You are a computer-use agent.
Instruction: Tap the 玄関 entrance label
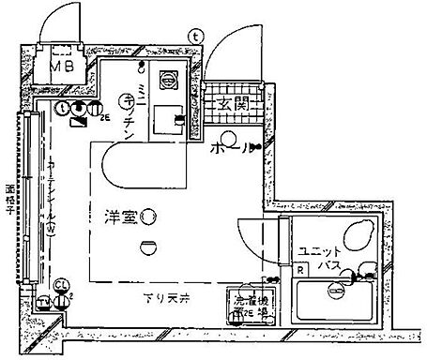coord(231,104)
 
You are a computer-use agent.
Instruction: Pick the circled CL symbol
coord(61,284)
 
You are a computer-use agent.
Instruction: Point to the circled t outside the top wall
coord(194,35)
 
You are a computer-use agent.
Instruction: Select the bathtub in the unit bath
coord(333,301)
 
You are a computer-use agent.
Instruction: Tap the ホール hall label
coord(228,148)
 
